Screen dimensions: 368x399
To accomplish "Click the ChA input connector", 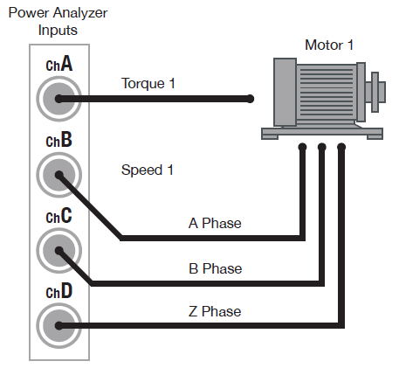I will click(58, 100).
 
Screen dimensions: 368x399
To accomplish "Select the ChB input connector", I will click(58, 176).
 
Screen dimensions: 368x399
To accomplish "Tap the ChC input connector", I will click(58, 251).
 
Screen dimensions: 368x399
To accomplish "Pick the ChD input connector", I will click(58, 326).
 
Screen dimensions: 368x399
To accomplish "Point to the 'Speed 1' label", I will click(141, 170).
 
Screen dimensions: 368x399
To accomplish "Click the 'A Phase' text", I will click(215, 223).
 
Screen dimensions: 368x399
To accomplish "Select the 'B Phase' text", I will click(215, 268).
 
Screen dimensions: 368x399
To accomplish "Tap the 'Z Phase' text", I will click(215, 311).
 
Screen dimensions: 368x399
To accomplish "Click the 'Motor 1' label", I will click(330, 45).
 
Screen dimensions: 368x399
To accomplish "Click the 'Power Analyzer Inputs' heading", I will click(58, 21).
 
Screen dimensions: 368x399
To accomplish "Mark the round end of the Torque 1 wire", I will click(251, 99).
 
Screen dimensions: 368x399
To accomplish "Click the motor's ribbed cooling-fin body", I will click(324, 92).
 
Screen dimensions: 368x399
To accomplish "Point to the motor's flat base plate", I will click(322, 133).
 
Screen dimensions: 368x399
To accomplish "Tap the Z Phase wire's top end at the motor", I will click(341, 147).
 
